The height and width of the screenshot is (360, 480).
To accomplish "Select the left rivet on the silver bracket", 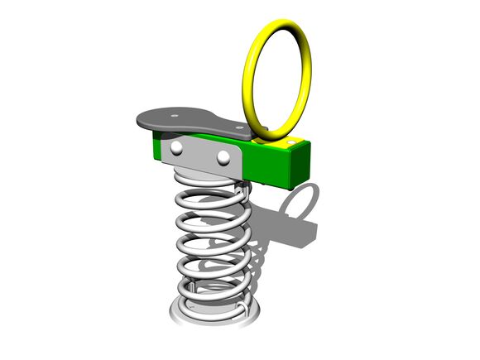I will pyautogui.click(x=177, y=147).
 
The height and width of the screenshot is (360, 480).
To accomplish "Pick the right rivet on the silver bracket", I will pyautogui.click(x=223, y=156).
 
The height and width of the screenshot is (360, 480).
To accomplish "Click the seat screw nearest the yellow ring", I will pyautogui.click(x=240, y=128).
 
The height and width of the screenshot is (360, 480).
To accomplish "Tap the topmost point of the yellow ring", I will pyautogui.click(x=277, y=22).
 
